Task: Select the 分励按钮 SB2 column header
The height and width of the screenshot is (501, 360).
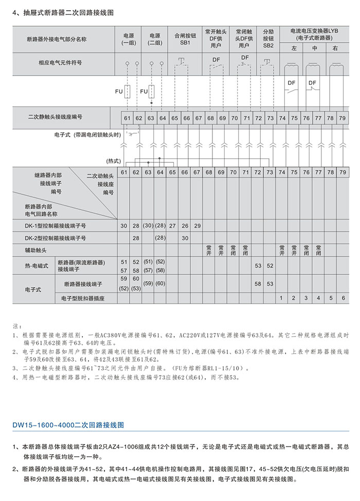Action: coord(268,38)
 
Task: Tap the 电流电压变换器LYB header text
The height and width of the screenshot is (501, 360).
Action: coord(315,34)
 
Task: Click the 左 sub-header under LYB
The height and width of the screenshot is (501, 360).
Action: coord(294,49)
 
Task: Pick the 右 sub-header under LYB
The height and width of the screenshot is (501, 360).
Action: coord(335,49)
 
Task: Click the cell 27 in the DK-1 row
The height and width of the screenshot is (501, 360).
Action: coord(173,226)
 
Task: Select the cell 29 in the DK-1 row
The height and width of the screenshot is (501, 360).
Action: coord(197,226)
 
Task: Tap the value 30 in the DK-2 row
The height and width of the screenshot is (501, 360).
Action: coord(185,238)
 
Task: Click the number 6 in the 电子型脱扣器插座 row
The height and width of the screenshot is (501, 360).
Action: coord(343,298)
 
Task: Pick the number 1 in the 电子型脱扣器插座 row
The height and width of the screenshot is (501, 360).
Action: coord(281,298)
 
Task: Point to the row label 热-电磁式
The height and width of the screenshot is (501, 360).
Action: coord(37,266)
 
